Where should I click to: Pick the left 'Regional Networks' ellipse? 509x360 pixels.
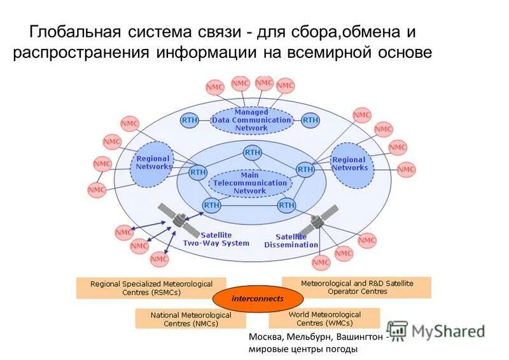point(153,163)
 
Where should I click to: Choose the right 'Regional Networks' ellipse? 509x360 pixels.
point(349,163)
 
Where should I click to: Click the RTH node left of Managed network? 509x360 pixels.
point(190,120)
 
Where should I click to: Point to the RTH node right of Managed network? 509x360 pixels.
point(310,120)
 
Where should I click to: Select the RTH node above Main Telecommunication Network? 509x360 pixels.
point(252,152)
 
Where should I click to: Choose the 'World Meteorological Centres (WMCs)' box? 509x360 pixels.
point(324,318)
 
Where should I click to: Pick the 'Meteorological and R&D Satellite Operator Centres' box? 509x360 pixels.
point(356,287)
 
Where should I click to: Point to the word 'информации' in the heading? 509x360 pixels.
point(206,52)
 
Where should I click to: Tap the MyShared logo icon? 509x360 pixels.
point(398,329)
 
